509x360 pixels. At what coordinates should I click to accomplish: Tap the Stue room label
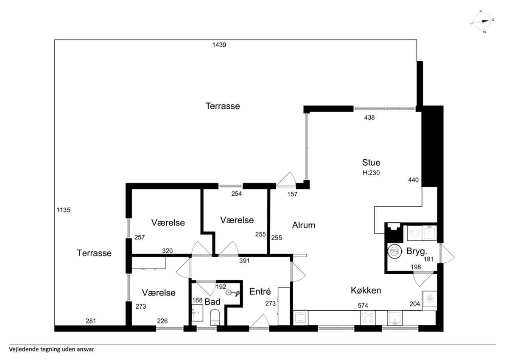tap(371, 163)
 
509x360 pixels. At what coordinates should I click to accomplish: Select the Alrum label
tap(304, 225)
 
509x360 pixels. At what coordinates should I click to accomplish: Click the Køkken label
tap(366, 290)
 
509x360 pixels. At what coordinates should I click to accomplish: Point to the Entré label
tap(260, 292)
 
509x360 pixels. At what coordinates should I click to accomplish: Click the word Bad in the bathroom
tap(213, 302)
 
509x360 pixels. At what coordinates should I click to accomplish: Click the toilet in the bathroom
tap(215, 318)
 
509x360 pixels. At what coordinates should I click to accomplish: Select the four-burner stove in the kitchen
tap(368, 318)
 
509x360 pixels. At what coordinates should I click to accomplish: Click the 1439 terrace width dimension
tap(219, 45)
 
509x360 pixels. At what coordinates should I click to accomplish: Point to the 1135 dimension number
tap(63, 210)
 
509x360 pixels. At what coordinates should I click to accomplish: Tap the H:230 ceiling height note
tap(371, 173)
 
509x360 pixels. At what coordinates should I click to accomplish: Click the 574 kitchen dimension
tap(363, 306)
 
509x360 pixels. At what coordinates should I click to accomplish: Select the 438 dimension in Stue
tap(369, 118)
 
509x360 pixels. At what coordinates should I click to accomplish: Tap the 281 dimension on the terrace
tap(91, 321)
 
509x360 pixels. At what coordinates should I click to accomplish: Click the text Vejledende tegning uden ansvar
tap(51, 349)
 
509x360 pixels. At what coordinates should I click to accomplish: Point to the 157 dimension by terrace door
tap(292, 194)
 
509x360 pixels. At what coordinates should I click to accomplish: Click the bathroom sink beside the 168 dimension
tap(197, 313)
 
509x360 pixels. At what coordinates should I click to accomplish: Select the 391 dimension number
tap(244, 261)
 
